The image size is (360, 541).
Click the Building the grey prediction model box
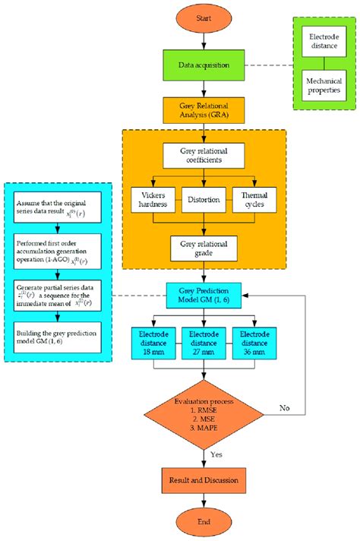tap(57, 337)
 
